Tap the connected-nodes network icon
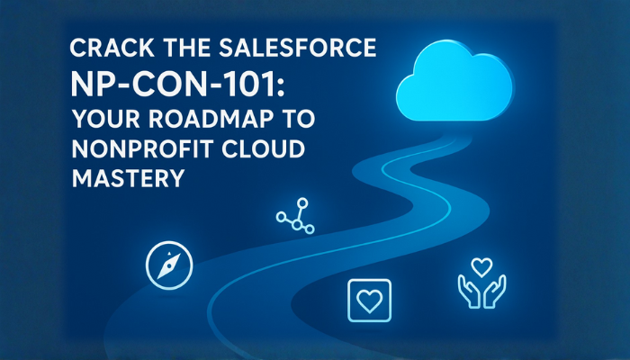tap(294, 216)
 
